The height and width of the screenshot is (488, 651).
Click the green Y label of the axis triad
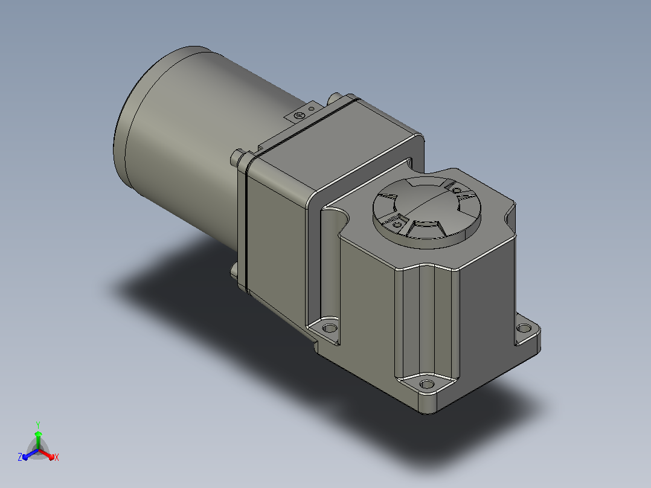(x=38, y=425)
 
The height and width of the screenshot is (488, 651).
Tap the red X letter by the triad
(x=57, y=457)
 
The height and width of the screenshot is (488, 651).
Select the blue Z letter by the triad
(x=20, y=457)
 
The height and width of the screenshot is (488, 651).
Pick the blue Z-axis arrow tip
(x=25, y=457)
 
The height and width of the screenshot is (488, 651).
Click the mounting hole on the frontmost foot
(x=427, y=384)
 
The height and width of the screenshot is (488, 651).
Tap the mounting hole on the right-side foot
(x=524, y=328)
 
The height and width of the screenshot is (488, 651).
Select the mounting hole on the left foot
(x=330, y=329)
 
